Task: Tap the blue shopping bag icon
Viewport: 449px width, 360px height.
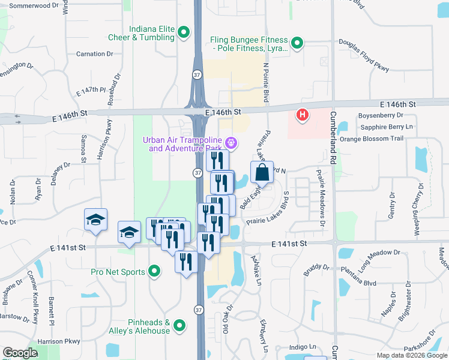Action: tap(262, 173)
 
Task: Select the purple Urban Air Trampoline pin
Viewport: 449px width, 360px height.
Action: tap(231, 143)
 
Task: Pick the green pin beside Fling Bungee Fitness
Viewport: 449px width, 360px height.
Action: tap(297, 43)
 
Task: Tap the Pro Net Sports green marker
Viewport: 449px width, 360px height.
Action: tap(155, 272)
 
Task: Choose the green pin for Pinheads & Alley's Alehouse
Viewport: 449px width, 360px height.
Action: tap(179, 326)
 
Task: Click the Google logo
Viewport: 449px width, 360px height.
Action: tap(20, 353)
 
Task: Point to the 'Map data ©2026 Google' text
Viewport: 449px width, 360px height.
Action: tap(412, 355)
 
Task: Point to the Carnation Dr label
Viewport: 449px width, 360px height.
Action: tap(95, 54)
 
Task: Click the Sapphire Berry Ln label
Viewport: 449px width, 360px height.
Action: tap(387, 127)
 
